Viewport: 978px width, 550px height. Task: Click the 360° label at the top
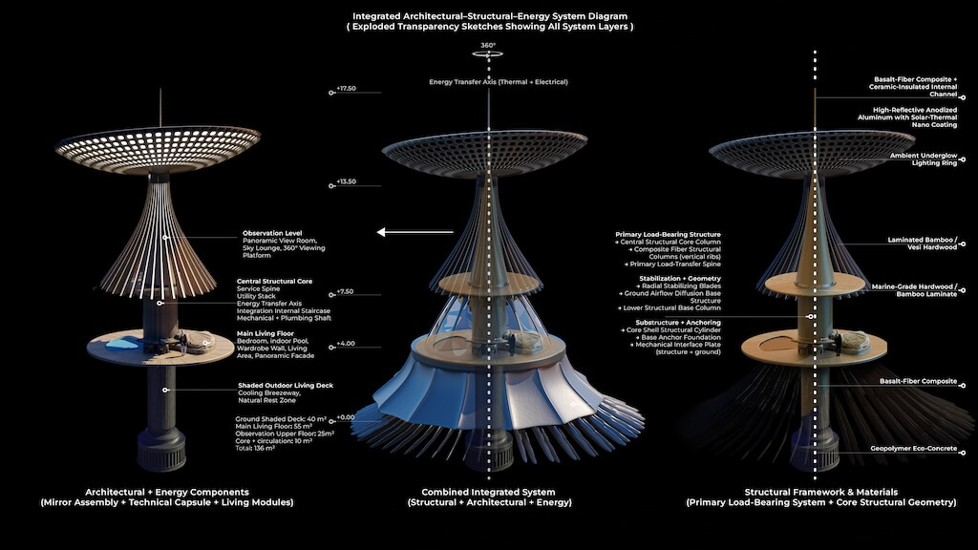488,44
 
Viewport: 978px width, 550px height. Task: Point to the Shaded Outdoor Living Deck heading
285,385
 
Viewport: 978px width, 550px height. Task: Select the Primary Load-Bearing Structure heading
667,233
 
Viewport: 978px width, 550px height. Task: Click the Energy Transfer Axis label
498,82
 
